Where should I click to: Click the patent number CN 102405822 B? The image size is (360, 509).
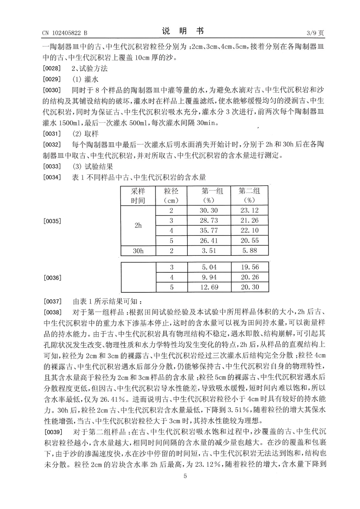click(x=65, y=33)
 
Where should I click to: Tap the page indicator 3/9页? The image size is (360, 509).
click(x=315, y=33)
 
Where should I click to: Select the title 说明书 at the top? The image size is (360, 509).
click(x=183, y=31)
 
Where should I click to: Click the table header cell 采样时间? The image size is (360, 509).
click(x=138, y=195)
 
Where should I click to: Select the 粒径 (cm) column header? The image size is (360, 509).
click(x=171, y=195)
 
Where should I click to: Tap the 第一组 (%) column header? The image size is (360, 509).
click(x=209, y=195)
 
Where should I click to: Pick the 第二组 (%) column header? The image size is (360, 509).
click(x=250, y=195)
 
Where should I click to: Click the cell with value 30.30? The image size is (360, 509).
click(x=209, y=210)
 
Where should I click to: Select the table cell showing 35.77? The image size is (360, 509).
click(x=209, y=230)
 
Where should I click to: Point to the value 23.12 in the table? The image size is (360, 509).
click(x=250, y=210)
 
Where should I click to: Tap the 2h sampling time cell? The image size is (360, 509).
click(x=138, y=225)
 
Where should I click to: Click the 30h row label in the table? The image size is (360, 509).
click(x=138, y=251)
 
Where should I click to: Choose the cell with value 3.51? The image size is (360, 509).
click(x=209, y=251)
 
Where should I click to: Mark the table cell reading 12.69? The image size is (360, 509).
click(x=209, y=287)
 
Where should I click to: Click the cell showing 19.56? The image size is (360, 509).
click(x=250, y=267)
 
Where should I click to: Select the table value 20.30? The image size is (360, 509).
click(x=250, y=287)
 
